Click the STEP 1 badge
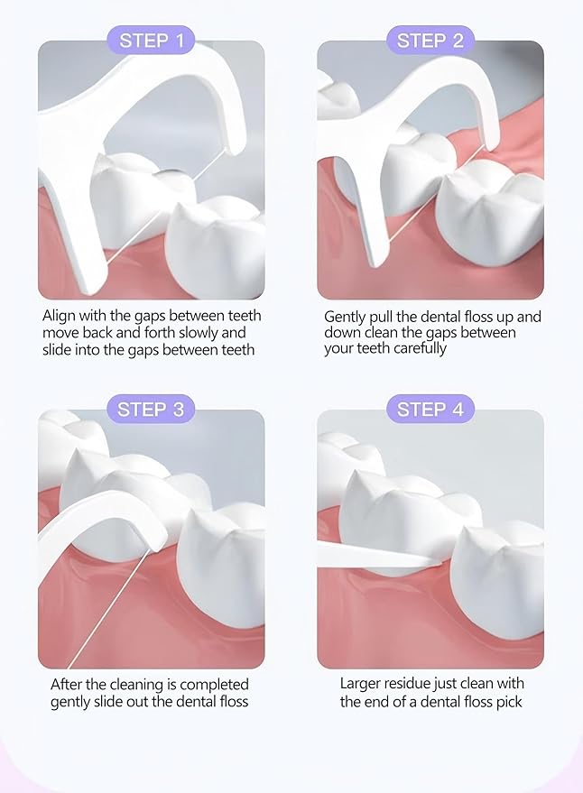coord(152,40)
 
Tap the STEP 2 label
coord(430,40)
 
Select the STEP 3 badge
coord(151,410)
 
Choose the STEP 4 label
coord(430,410)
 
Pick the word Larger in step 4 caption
coord(360,684)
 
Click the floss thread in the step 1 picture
coord(163,207)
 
